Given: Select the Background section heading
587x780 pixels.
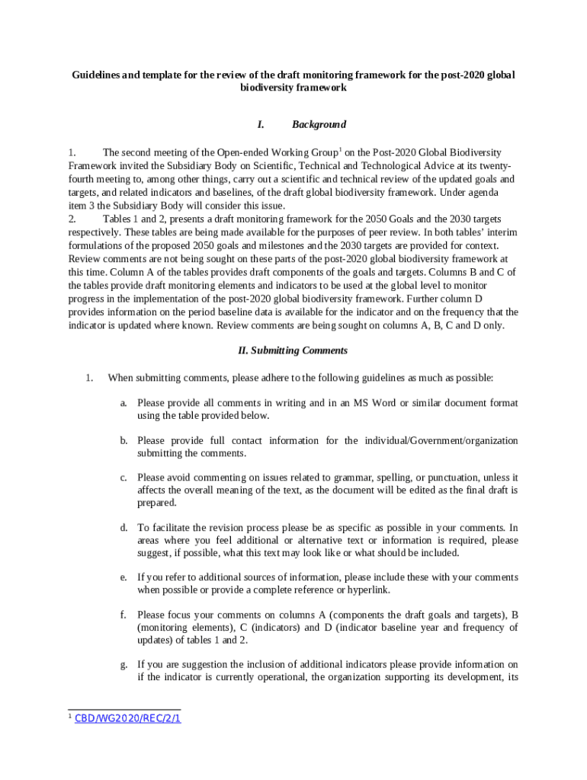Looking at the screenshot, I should click(319, 124).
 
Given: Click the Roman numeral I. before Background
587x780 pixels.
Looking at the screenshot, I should click(261, 124).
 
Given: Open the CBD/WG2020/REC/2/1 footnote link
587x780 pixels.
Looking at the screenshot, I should click(128, 718).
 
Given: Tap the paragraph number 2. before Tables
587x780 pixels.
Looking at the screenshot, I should click(72, 219).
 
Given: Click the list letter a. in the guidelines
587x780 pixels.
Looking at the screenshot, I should click(123, 402).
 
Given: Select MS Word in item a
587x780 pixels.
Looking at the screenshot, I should click(375, 402).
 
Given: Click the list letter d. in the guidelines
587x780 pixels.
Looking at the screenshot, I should click(123, 527).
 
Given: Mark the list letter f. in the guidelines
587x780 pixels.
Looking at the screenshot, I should click(123, 614).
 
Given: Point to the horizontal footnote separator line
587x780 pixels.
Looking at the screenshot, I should click(124, 709).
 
